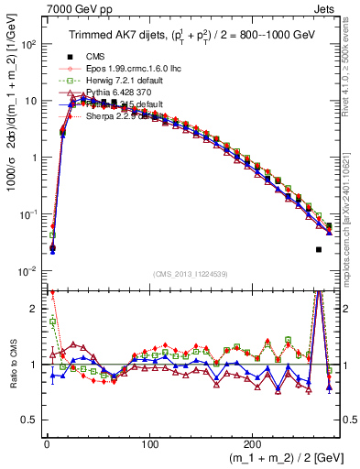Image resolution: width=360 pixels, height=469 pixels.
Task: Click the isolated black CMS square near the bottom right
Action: tap(319, 249)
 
